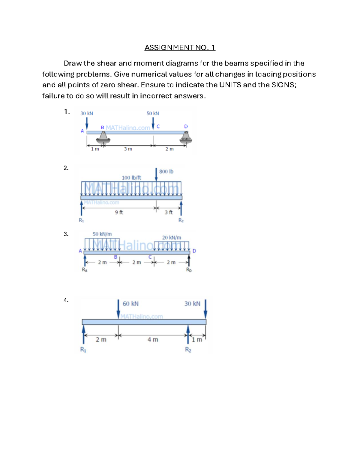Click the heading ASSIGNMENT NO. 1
180,47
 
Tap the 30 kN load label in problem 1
87,113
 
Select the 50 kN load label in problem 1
153,113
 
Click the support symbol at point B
103,137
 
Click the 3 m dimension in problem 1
128,149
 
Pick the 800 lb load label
166,172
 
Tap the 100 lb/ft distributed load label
131,178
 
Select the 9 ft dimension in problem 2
119,212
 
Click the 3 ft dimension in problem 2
169,212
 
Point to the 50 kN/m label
102,234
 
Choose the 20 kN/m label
172,238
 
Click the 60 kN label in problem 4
130,304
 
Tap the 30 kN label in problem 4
192,304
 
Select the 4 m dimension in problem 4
153,340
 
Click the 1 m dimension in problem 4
197,340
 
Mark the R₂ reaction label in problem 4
188,350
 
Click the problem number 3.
66,234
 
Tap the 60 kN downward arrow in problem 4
118,308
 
